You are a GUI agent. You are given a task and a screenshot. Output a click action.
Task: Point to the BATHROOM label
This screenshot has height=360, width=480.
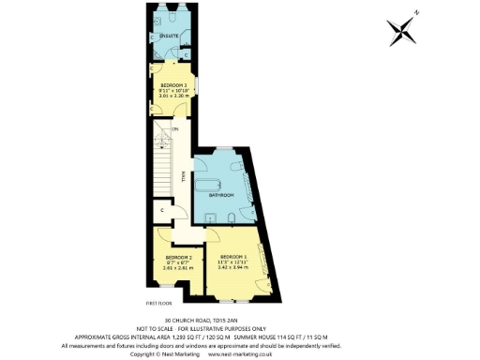click(220, 196)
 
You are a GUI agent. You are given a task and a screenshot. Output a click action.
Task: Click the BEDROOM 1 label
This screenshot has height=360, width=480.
click(232, 257)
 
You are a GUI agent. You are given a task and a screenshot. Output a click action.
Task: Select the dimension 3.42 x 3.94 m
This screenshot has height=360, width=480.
click(233, 267)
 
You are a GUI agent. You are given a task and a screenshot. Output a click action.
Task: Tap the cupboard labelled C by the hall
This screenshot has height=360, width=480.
click(163, 211)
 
